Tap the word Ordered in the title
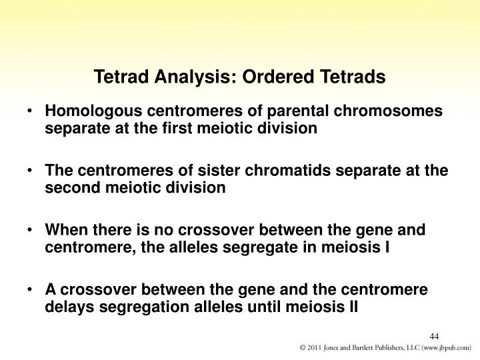click(278, 76)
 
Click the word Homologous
click(94, 111)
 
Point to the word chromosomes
click(388, 111)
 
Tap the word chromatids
click(288, 170)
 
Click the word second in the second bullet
click(73, 187)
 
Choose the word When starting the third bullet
click(67, 229)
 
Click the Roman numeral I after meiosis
click(387, 247)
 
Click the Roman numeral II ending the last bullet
click(353, 307)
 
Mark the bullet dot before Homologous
click(29, 111)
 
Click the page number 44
click(434, 337)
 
